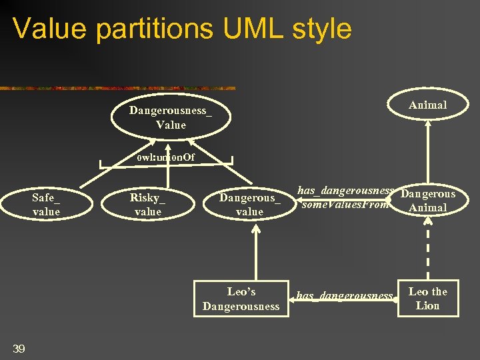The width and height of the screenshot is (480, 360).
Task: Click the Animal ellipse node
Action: pyautogui.click(x=427, y=105)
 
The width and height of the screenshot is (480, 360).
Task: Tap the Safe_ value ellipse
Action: pyautogui.click(x=46, y=205)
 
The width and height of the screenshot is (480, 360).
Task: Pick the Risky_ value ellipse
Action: pyautogui.click(x=148, y=205)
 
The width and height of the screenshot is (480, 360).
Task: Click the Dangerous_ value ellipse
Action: pyautogui.click(x=250, y=205)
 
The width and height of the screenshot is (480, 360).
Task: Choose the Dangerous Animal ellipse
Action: pyautogui.click(x=427, y=201)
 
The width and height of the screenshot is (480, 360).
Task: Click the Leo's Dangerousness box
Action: pyautogui.click(x=241, y=299)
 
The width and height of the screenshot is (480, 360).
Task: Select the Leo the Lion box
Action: pyautogui.click(x=427, y=299)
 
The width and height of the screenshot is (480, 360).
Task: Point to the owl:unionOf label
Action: pyautogui.click(x=166, y=158)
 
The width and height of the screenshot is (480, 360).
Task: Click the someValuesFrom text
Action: pyautogui.click(x=345, y=205)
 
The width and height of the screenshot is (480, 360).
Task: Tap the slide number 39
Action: pyautogui.click(x=19, y=347)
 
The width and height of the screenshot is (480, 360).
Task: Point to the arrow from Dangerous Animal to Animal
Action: pyautogui.click(x=427, y=153)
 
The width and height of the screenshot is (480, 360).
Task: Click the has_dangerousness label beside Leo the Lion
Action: pyautogui.click(x=344, y=295)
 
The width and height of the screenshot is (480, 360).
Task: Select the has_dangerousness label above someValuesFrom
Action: pyautogui.click(x=344, y=191)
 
